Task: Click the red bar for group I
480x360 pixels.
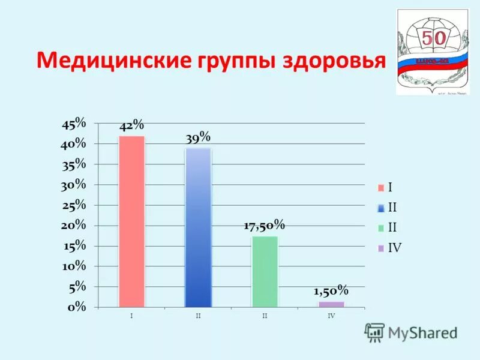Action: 131,221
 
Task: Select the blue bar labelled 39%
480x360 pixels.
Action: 198,227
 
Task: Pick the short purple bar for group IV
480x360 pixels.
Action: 331,304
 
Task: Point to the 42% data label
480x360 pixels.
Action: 131,125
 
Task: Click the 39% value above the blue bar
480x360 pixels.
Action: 198,137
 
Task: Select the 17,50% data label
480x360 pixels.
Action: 264,226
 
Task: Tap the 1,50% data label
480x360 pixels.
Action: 331,291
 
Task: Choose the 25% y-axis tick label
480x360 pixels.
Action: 74,205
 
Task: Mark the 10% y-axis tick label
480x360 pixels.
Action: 74,266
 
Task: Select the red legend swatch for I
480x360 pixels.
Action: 380,188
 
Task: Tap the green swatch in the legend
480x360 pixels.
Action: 380,228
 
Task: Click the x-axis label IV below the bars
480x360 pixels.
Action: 331,316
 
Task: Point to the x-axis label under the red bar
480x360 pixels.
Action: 131,316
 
